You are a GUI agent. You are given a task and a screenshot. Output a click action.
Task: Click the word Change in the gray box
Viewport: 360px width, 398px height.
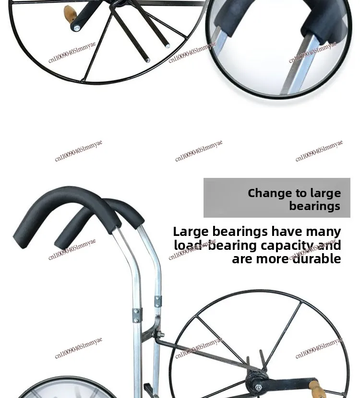[269, 193]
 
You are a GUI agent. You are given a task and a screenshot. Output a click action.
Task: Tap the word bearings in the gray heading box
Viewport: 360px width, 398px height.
[314, 206]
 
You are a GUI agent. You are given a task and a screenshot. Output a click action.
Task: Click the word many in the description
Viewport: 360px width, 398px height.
[323, 232]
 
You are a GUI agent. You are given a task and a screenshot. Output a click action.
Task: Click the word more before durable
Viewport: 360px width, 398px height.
[271, 259]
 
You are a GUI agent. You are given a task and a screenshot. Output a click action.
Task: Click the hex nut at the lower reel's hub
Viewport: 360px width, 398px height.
[258, 387]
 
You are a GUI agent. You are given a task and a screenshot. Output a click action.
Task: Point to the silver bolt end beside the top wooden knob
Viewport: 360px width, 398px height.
[76, 28]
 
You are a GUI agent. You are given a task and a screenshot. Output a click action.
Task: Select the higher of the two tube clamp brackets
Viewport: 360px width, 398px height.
[158, 301]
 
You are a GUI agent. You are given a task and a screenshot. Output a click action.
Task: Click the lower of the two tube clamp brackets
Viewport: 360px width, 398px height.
[136, 315]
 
